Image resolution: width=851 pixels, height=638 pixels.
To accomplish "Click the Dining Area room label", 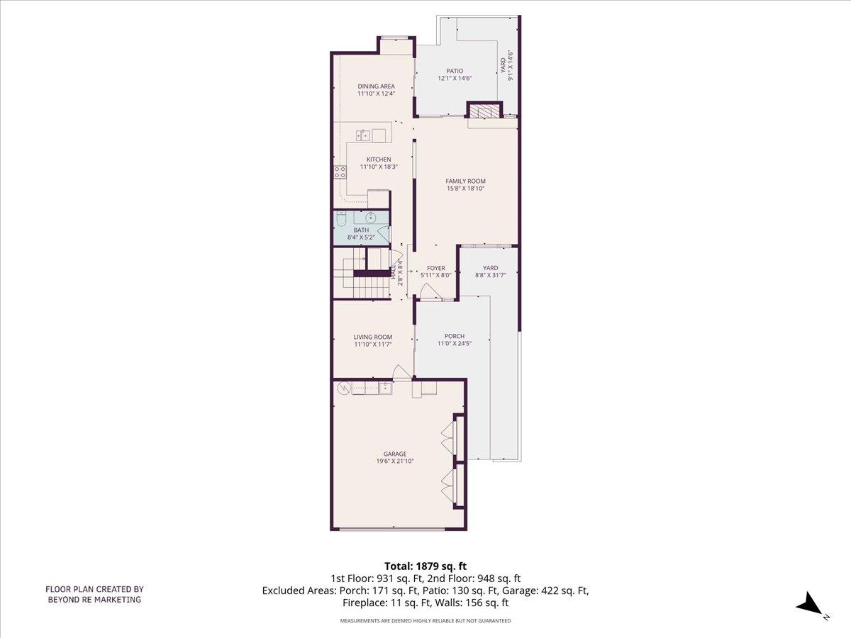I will (376, 86).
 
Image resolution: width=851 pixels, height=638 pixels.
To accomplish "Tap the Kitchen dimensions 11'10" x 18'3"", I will (378, 167).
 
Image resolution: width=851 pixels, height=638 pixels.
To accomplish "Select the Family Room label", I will (465, 181).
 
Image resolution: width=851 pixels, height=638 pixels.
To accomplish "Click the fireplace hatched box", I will (485, 111).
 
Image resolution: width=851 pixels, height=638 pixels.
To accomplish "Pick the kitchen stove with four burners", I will (339, 171).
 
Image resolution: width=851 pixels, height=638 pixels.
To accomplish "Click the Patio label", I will (455, 71).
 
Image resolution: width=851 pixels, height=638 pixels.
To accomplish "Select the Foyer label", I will (435, 268).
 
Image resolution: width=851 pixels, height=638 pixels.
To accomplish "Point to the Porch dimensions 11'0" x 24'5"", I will (454, 344).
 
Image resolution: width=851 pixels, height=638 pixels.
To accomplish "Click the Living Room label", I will (373, 337).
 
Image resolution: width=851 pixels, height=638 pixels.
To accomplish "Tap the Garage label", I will (396, 454).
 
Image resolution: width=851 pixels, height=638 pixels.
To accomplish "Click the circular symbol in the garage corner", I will (344, 388).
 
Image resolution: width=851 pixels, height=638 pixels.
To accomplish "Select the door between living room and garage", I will (402, 373).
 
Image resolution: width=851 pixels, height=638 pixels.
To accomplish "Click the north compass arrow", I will (809, 605).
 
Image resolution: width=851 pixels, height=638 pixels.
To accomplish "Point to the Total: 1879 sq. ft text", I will (425, 566).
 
